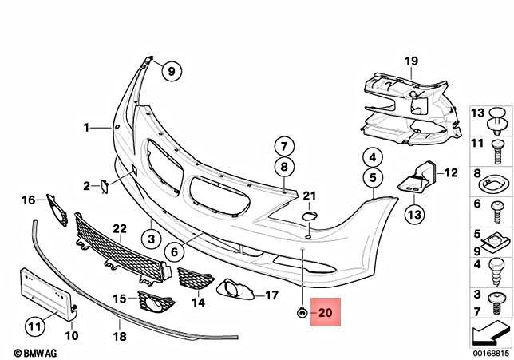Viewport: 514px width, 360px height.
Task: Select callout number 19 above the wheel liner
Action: click(411, 61)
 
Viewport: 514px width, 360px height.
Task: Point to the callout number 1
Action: click(86, 127)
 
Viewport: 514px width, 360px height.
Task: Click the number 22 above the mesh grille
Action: click(119, 229)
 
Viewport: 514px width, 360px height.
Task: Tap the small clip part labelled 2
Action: click(103, 186)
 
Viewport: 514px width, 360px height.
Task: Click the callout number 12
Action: click(450, 172)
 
